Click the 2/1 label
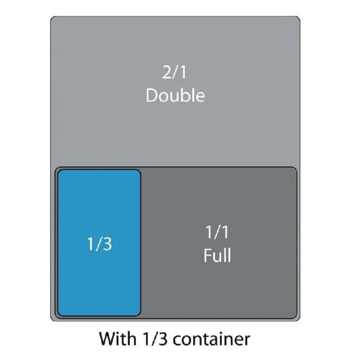(x=175, y=73)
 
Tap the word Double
(x=175, y=95)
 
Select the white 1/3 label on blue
(x=100, y=244)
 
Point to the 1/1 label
(x=217, y=232)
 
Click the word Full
(x=217, y=255)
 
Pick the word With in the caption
(x=118, y=339)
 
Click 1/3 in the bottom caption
(x=155, y=339)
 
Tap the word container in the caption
(x=211, y=339)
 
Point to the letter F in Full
(x=208, y=255)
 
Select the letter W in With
(x=108, y=339)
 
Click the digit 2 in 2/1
(x=167, y=73)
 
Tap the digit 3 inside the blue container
(x=107, y=244)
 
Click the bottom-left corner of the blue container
(x=59, y=315)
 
